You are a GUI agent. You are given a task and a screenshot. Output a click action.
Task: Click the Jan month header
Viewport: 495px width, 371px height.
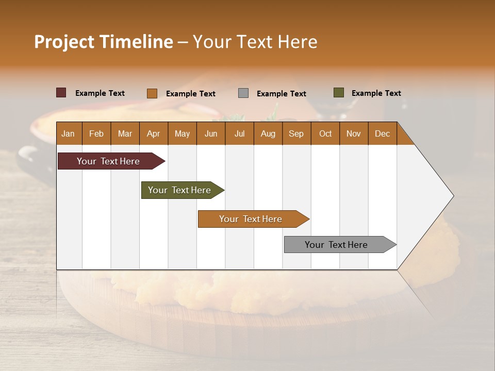[69, 133]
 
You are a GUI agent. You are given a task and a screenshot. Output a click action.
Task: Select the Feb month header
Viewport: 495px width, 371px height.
[96, 133]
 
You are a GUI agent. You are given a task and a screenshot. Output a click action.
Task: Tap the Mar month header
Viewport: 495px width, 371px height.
[125, 133]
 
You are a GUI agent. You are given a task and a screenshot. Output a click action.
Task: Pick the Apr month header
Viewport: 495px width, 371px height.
[154, 133]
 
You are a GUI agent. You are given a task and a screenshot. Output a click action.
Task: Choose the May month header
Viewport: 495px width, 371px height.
[182, 133]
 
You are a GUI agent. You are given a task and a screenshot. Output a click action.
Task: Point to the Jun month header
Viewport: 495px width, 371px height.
[211, 133]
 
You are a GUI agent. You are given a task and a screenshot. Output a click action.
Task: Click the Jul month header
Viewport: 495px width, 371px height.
[239, 133]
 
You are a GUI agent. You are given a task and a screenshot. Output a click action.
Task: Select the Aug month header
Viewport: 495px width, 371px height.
[268, 133]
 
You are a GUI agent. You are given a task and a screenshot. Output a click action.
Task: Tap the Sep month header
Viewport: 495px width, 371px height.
[296, 133]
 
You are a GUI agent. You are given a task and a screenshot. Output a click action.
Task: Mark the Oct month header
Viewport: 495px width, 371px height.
[325, 133]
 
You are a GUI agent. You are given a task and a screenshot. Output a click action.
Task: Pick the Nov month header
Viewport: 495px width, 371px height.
[354, 133]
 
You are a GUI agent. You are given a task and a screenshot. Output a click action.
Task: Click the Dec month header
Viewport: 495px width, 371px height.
[382, 133]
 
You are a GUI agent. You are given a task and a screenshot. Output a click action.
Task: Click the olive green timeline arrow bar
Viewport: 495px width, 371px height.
[181, 190]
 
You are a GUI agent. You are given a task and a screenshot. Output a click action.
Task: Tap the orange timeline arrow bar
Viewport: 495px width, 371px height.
[252, 219]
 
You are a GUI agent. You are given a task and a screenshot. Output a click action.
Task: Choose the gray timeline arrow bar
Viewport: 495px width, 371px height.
[338, 245]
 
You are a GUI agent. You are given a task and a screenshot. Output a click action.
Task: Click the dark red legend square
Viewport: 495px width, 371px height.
[61, 93]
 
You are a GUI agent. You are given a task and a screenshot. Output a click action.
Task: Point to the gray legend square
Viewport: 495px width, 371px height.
[243, 93]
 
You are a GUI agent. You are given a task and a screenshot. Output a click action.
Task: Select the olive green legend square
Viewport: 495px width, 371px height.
[338, 93]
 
